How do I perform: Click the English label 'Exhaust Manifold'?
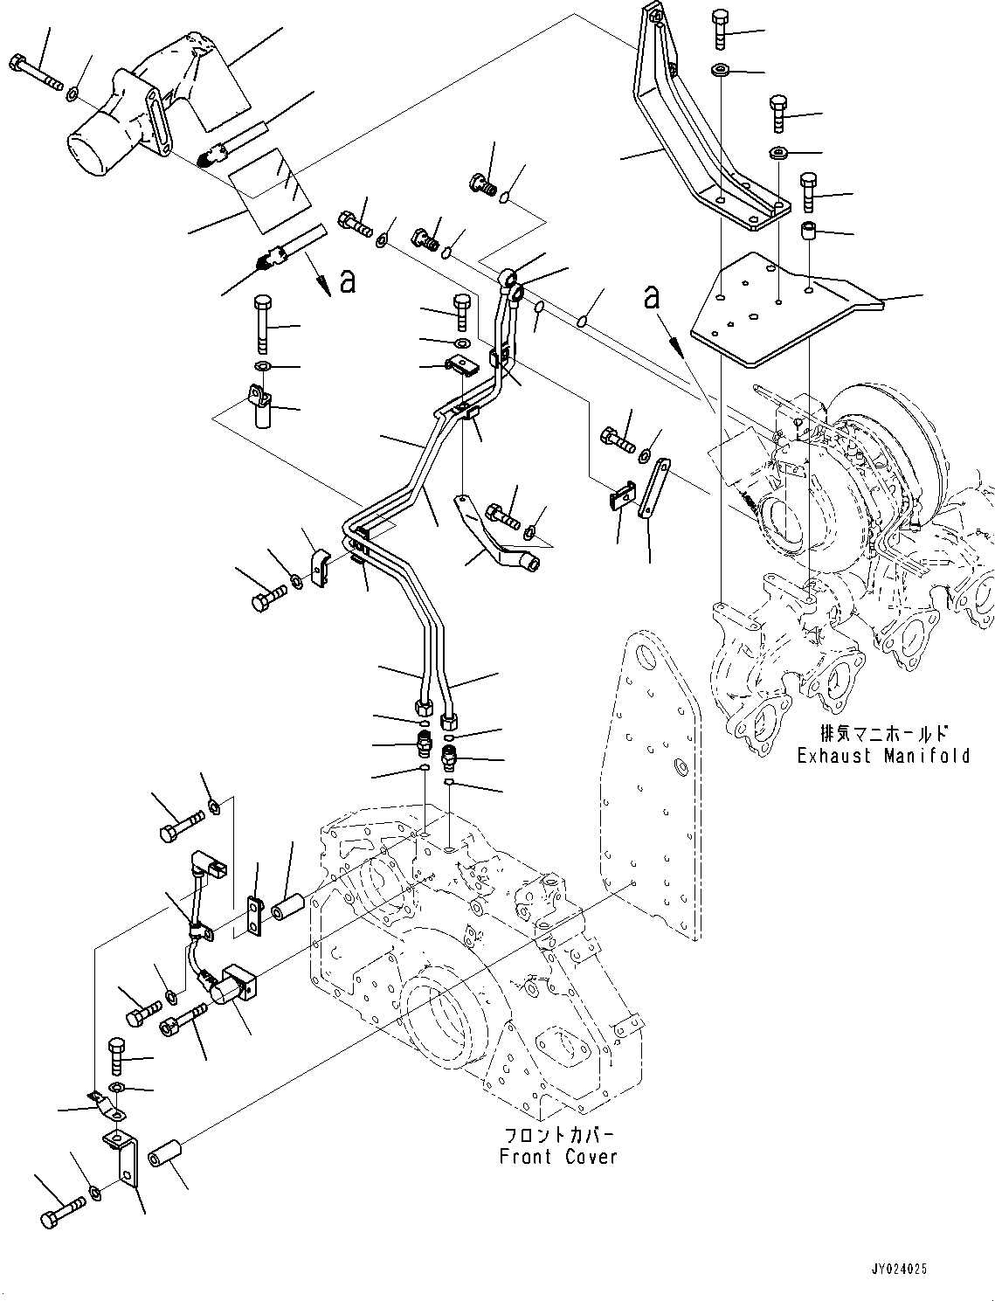coord(883,756)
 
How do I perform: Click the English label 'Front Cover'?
coord(558,1157)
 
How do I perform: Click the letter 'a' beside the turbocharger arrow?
coord(651,297)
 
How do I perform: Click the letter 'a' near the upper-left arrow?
coord(348,281)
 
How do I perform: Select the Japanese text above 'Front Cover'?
coord(559,1135)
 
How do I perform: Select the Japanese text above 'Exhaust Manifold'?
coord(883,733)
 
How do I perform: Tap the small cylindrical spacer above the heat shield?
coord(809,233)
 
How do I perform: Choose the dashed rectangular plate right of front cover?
coord(651,786)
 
